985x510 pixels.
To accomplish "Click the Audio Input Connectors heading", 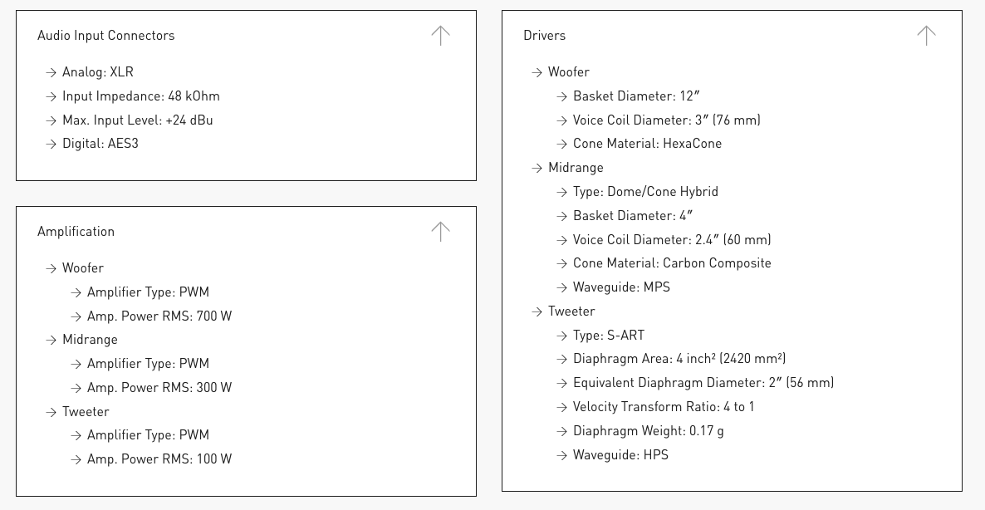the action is (x=105, y=36).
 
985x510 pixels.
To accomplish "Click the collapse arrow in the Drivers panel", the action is (x=926, y=35).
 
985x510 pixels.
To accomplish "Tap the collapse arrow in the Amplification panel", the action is (x=440, y=231).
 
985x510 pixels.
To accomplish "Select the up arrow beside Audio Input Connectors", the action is (x=440, y=35).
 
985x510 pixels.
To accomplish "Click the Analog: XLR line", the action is (x=97, y=72).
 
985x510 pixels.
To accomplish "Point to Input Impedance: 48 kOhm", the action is (x=140, y=96).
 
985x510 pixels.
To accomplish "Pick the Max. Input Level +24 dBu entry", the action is (x=137, y=120).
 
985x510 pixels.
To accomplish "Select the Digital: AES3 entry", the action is (x=100, y=144).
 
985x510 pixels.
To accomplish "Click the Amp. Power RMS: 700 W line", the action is (x=159, y=316).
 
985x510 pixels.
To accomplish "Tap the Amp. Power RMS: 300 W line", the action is (x=159, y=388).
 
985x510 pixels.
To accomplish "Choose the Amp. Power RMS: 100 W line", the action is (x=159, y=459).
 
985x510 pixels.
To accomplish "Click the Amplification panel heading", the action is (x=76, y=232).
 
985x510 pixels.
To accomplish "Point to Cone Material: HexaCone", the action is (x=647, y=144).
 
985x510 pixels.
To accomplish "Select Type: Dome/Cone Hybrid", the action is (x=645, y=192).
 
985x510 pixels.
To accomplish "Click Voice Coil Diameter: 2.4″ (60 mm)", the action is (x=671, y=240).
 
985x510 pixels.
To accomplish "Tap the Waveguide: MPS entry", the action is (x=620, y=287).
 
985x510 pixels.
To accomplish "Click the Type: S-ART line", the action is (x=608, y=336).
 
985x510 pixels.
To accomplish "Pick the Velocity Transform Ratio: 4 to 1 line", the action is (x=663, y=407).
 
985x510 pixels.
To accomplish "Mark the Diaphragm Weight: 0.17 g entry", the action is (x=648, y=431).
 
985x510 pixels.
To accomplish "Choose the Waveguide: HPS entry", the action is (x=620, y=455).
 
